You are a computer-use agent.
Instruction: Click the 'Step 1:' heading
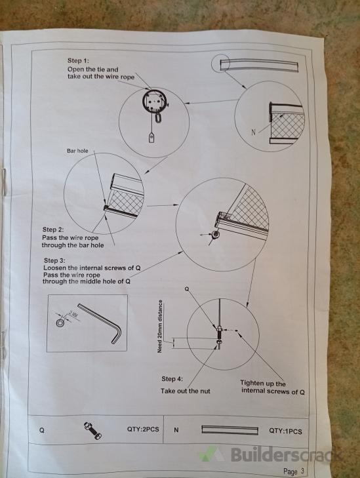[x=78, y=61]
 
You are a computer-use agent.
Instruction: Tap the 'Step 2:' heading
[x=53, y=229]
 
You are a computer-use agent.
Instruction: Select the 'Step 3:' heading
[x=54, y=261]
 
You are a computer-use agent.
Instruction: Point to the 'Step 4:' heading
[x=172, y=379]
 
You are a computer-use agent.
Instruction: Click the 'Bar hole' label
[x=77, y=151]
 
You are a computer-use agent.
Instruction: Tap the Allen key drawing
[x=104, y=324]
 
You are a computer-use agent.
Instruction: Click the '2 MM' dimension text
[x=73, y=314]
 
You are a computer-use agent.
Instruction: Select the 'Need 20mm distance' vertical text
[x=159, y=327]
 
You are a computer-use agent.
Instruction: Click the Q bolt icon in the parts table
[x=92, y=430]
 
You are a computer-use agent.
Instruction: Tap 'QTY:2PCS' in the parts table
[x=143, y=429]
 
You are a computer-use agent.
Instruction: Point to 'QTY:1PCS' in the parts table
[x=285, y=431]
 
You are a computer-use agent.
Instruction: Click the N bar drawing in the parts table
[x=230, y=430]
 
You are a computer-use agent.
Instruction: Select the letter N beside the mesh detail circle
[x=254, y=132]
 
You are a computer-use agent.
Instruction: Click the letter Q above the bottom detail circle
[x=187, y=289]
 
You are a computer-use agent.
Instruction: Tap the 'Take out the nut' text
[x=186, y=391]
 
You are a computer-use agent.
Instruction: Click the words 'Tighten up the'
[x=263, y=383]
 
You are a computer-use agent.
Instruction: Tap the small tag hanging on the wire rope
[x=151, y=138]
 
